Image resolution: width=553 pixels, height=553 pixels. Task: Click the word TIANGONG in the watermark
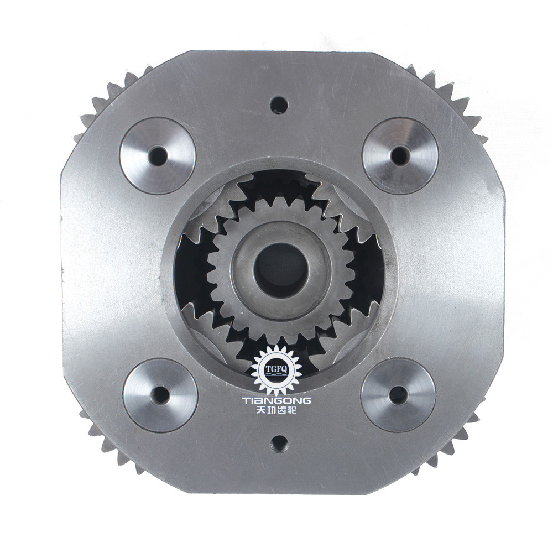(276, 400)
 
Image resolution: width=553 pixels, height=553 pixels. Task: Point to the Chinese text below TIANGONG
(276, 412)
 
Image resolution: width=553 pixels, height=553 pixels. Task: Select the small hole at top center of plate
(279, 105)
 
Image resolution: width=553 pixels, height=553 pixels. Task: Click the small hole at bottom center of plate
(280, 443)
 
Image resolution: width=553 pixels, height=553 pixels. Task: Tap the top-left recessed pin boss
(158, 155)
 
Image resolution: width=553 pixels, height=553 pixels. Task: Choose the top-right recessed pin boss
(400, 155)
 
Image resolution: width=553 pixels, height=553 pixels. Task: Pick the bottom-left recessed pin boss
(160, 395)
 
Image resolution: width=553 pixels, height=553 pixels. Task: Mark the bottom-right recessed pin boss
(398, 395)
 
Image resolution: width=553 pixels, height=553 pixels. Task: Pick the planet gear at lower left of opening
(218, 332)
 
